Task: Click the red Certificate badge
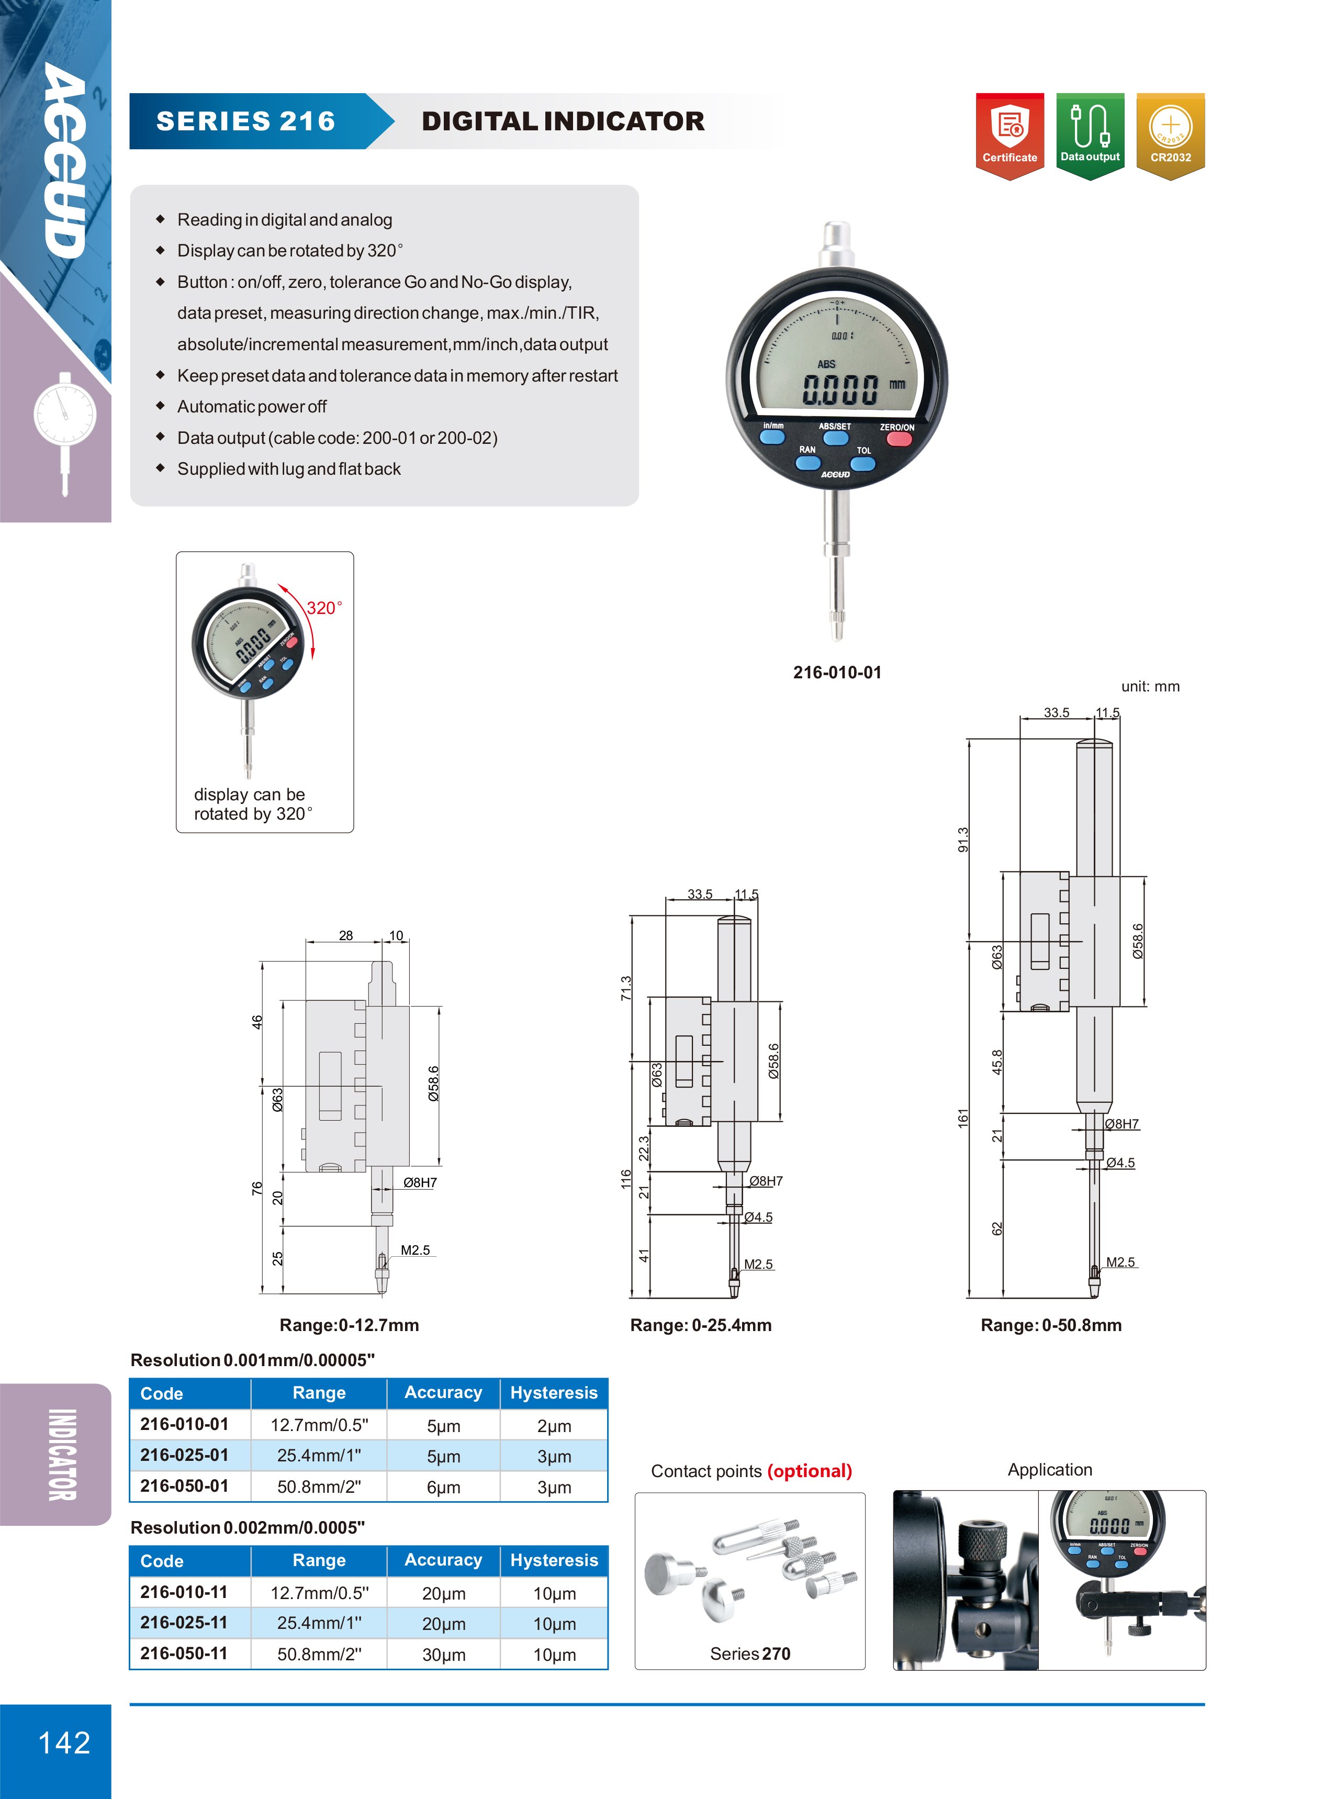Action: point(1009,136)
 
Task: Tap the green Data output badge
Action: point(1090,136)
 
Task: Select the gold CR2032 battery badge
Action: point(1170,136)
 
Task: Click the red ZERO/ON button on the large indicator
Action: point(899,439)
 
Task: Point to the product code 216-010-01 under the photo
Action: point(837,673)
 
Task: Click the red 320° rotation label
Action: point(324,608)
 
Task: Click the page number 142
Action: point(65,1742)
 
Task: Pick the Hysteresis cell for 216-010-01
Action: point(554,1426)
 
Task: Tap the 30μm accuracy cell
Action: point(444,1655)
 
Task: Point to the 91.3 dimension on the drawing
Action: point(962,840)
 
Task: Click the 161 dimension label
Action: point(962,1119)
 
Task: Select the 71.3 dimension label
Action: point(625,988)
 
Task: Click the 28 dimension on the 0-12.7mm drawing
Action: point(346,935)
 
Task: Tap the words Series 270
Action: point(750,1653)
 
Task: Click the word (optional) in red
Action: point(810,1471)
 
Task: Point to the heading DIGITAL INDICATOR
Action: point(563,121)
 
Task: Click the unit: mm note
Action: point(1150,686)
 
